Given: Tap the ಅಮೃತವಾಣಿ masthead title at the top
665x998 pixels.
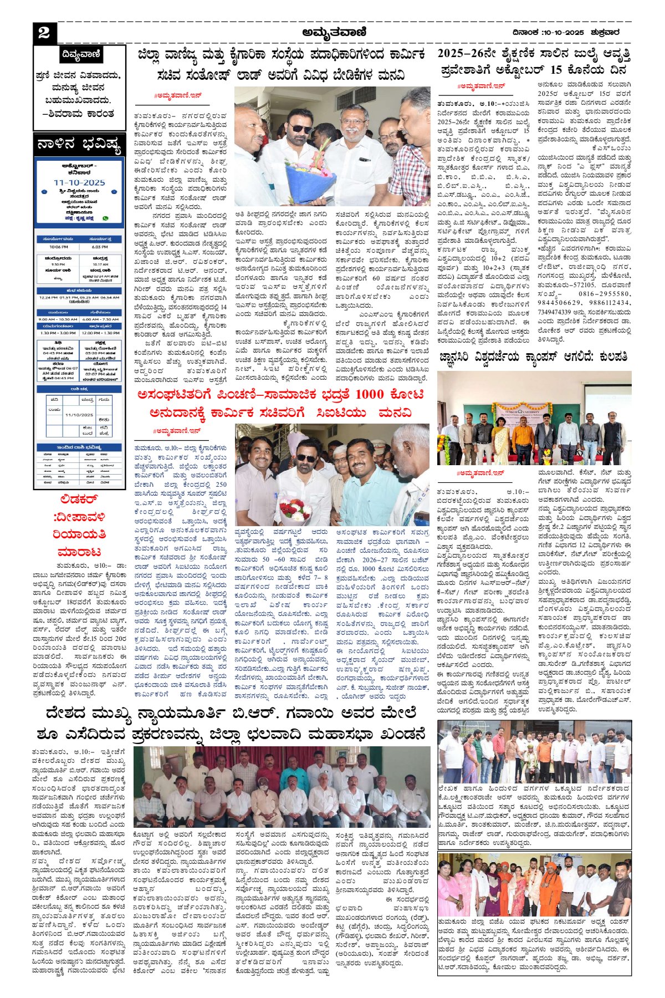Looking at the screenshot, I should (334, 33).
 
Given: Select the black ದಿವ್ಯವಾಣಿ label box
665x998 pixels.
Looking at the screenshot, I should (80, 55).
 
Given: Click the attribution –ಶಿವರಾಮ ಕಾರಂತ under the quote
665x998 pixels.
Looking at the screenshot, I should (80, 114).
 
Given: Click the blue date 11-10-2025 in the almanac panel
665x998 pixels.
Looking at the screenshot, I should (79, 182).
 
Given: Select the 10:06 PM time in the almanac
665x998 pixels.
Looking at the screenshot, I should (59, 247).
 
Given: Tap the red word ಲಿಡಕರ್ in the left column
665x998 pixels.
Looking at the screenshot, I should (79, 500).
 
